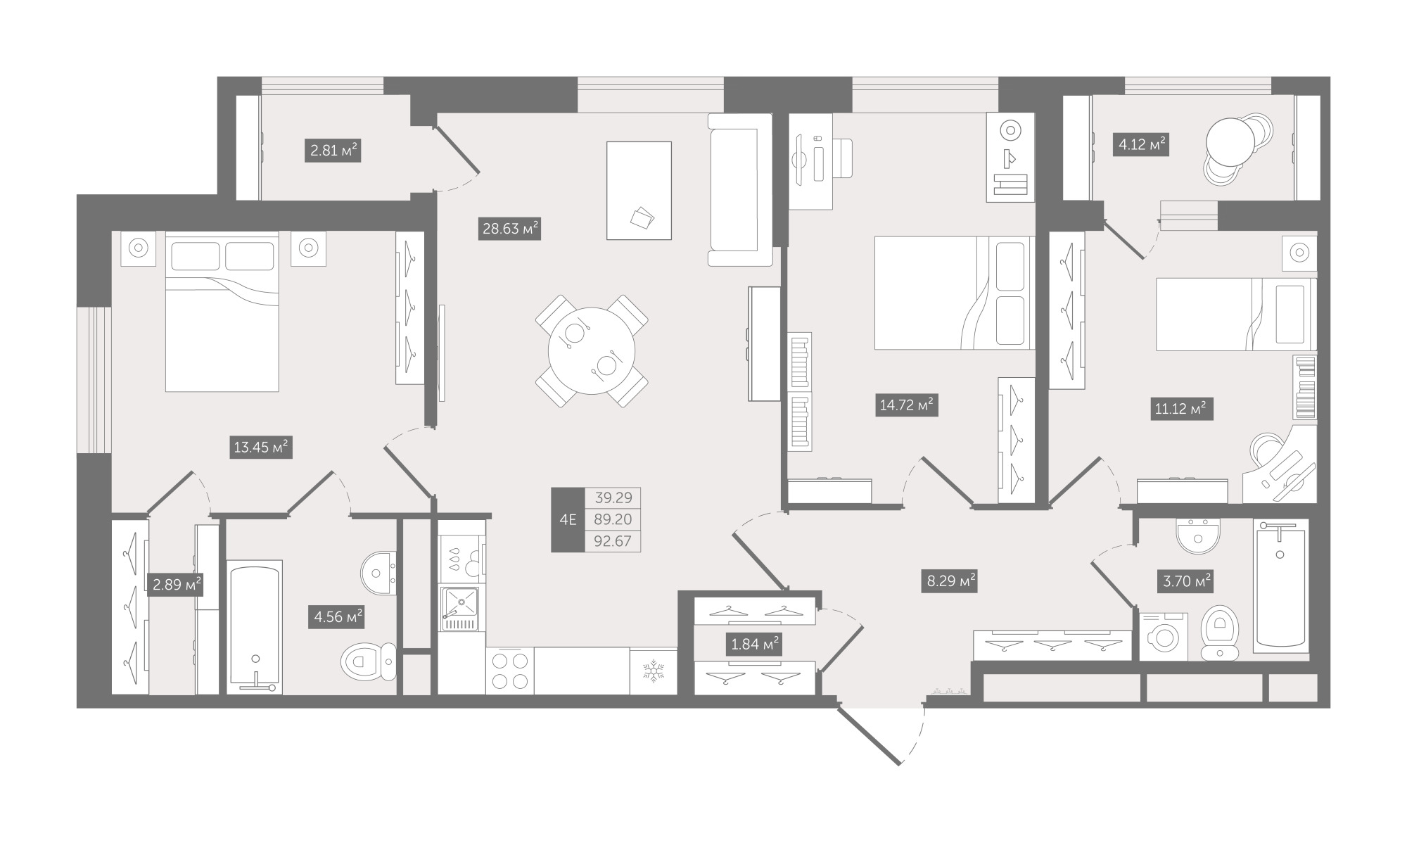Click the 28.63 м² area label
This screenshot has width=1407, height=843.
(509, 229)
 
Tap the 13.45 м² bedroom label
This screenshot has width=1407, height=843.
(261, 447)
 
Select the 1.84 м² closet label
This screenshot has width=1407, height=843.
(753, 644)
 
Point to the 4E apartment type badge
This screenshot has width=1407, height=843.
(568, 519)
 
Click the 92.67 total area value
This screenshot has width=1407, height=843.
(613, 541)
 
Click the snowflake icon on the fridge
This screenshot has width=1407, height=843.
(654, 671)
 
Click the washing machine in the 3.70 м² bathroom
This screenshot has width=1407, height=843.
(1163, 636)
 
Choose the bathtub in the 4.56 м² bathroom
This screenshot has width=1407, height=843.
(255, 627)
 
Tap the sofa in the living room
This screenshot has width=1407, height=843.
(740, 190)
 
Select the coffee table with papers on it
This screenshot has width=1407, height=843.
(639, 191)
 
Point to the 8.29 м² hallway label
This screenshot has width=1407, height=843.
(950, 581)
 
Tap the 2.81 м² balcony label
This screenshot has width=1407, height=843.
(333, 151)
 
